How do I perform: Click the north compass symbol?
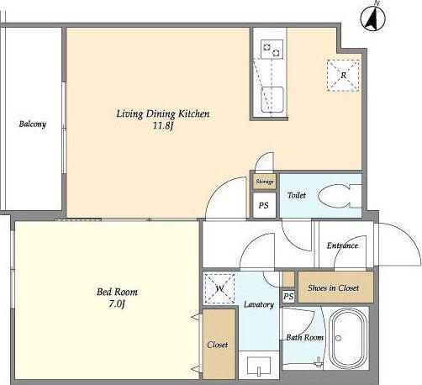[372, 18]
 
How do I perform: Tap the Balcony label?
[32, 124]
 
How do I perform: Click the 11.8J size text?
[163, 126]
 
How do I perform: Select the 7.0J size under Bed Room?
[117, 304]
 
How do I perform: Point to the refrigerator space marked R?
[343, 76]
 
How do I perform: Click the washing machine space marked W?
[219, 288]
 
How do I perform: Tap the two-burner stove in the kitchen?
[272, 50]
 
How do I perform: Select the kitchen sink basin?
[272, 99]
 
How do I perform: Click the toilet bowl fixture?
[340, 196]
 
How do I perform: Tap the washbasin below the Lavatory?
[259, 366]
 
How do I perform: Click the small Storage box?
[265, 182]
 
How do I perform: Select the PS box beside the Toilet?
[264, 205]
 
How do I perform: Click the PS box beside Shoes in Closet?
[288, 296]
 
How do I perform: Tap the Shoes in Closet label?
[333, 287]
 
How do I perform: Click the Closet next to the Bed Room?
[219, 345]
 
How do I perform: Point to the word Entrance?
[342, 245]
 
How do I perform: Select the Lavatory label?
[259, 304]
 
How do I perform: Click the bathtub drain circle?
[338, 338]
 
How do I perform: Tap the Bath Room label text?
[304, 337]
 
